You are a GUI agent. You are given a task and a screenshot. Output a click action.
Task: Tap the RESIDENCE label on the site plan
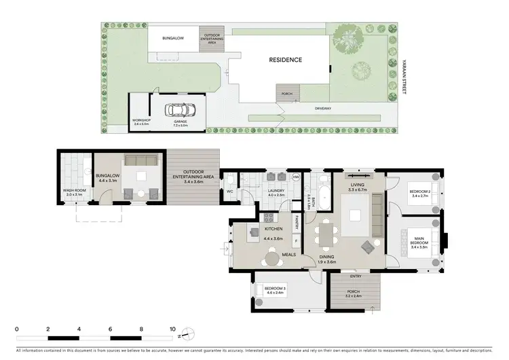(286, 60)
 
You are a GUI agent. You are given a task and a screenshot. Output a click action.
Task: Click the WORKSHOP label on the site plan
(141, 120)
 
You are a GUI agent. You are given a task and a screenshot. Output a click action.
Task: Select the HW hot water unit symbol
(295, 177)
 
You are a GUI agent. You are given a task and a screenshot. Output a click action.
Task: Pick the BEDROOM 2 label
(421, 194)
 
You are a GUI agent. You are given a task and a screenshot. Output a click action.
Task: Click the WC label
(229, 192)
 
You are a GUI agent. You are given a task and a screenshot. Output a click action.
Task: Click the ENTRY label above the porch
(356, 276)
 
